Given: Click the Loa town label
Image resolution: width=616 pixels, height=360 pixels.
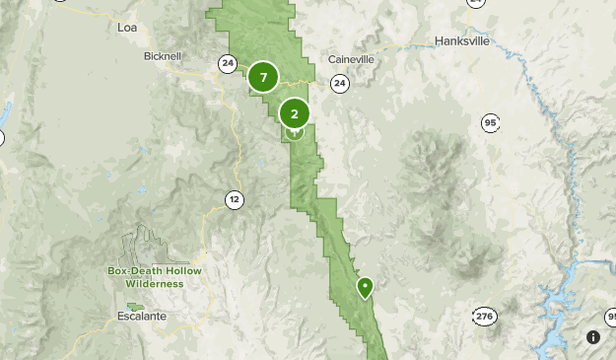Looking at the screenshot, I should point(127,27).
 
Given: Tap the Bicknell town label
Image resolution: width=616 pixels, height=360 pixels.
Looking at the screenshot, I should point(163,56).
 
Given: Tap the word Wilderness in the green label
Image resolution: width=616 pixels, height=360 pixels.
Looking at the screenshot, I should point(155,283).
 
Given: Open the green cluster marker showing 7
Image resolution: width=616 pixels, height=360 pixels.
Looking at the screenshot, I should point(263,77).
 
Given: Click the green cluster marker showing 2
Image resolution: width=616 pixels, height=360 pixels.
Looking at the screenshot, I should point(295,113).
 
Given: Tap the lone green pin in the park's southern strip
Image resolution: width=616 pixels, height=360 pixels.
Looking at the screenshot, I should point(365,288).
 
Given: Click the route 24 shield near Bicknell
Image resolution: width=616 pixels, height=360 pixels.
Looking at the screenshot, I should point(228,63).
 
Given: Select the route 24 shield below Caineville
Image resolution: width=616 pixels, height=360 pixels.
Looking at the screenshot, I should point(339,84).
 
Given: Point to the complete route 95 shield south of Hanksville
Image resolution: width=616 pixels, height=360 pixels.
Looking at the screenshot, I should point(490,122).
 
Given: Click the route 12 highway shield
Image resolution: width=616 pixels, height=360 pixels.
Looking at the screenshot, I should point(234,199).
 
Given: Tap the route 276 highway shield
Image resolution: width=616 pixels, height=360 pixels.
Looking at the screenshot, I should point(484,317).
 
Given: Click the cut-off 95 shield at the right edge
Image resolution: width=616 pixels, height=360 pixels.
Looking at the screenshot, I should point(610,317).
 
